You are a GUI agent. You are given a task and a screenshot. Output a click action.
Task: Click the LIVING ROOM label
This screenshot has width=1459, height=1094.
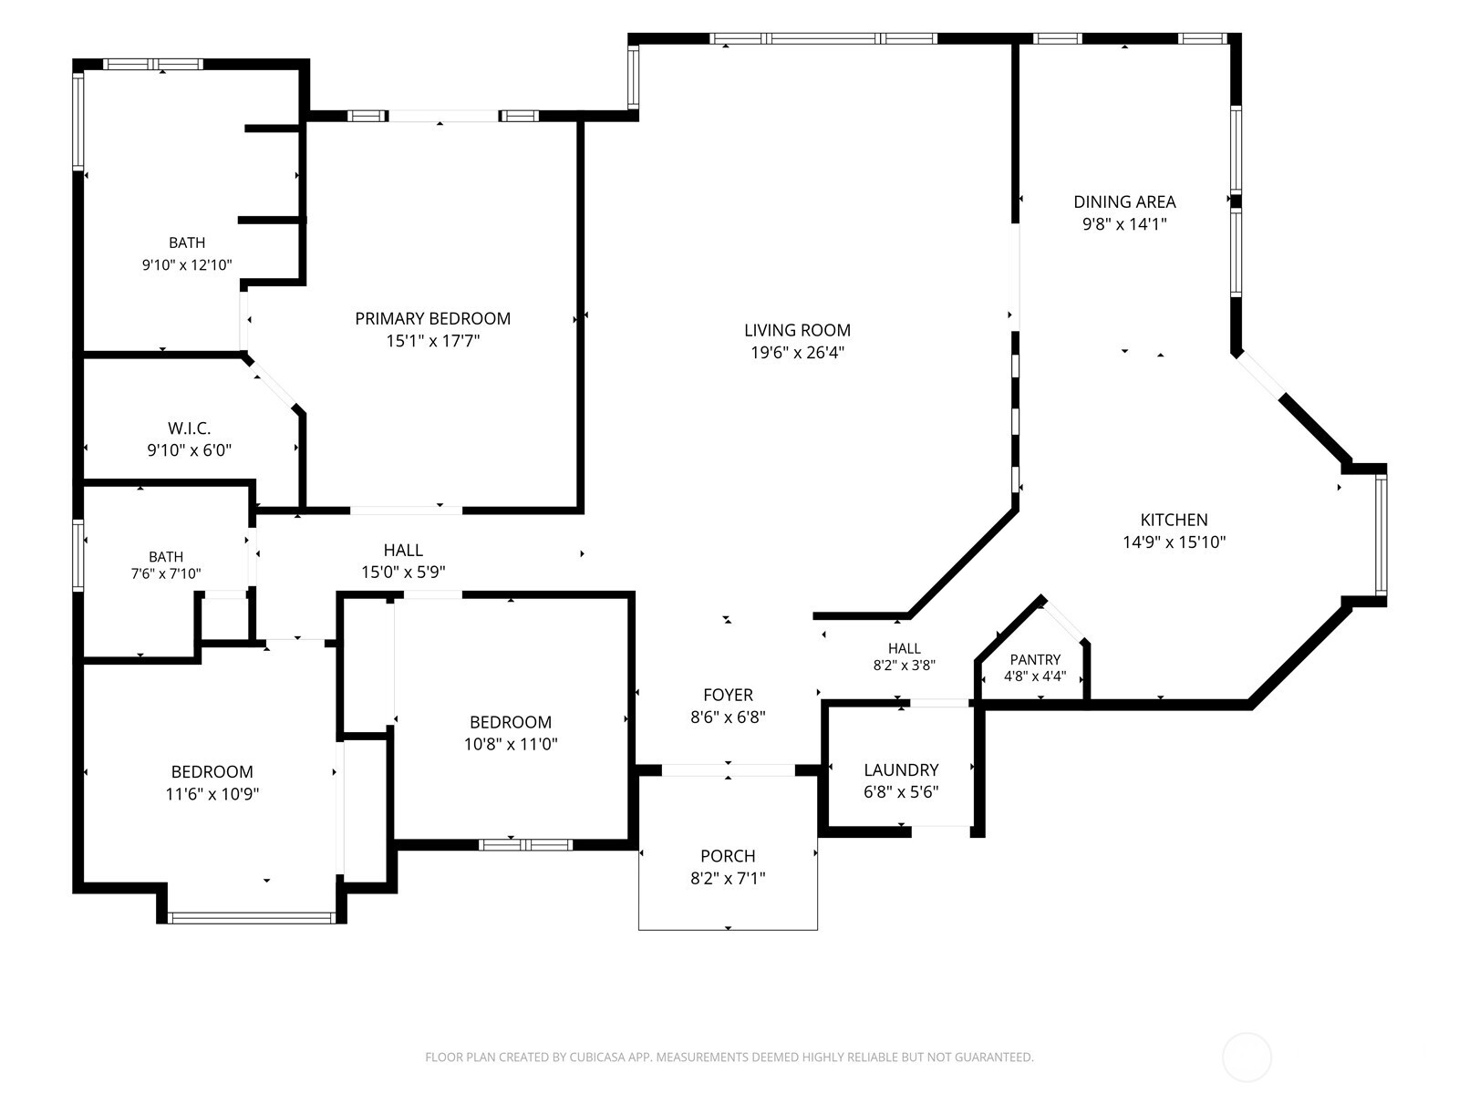(x=797, y=330)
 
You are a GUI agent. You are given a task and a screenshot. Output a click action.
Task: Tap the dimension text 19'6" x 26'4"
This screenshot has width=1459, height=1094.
(x=797, y=353)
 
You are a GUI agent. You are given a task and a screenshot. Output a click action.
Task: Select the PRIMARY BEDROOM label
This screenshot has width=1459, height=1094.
(x=433, y=319)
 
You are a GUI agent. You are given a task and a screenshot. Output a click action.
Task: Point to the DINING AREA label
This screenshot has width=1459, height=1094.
(x=1124, y=201)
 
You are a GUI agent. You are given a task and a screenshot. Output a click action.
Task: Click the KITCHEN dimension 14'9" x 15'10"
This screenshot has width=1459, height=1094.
(x=1174, y=542)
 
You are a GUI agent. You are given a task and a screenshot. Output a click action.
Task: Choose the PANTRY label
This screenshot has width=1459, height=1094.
(x=1035, y=659)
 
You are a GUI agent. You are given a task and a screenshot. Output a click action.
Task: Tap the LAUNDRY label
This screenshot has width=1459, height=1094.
(x=901, y=769)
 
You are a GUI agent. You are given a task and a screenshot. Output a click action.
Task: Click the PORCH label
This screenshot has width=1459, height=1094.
(x=728, y=856)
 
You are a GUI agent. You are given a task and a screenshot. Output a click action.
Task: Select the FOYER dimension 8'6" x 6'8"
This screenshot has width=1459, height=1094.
(x=728, y=717)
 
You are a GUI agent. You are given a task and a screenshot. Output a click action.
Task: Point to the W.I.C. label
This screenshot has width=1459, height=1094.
(x=189, y=428)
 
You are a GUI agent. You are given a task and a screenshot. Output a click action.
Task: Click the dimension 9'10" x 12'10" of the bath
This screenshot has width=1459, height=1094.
(x=187, y=265)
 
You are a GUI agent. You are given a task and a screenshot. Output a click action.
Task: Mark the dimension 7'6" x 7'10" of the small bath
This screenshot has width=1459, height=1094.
(x=166, y=573)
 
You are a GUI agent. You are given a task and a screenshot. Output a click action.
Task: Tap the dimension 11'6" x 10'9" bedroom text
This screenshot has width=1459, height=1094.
(x=212, y=794)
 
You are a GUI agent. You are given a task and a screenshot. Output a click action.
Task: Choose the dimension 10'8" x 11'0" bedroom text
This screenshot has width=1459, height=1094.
(x=511, y=744)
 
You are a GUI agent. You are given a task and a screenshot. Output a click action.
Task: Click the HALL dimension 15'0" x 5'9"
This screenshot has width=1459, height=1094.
(x=403, y=572)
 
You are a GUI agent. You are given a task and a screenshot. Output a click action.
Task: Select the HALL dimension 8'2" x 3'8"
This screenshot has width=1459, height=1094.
(x=904, y=665)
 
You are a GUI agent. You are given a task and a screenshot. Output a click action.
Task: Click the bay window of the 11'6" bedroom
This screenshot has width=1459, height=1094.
(x=252, y=918)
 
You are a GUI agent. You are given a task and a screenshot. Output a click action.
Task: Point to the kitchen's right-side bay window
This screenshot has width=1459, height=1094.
(x=1381, y=535)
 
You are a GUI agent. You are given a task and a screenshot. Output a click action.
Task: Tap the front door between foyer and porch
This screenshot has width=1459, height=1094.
(x=728, y=770)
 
